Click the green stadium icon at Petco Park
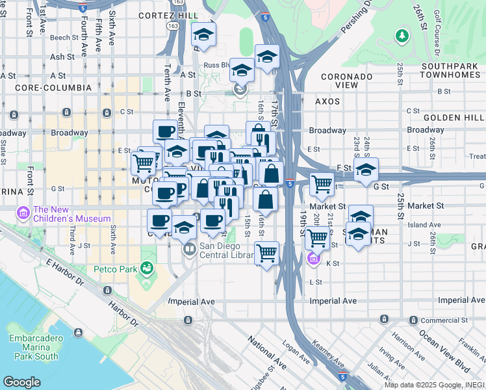click(147, 266)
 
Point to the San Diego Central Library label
click(226, 251)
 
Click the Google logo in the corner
click(21, 382)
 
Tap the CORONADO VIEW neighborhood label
click(346, 81)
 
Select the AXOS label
click(327, 101)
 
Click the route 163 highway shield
click(173, 25)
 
